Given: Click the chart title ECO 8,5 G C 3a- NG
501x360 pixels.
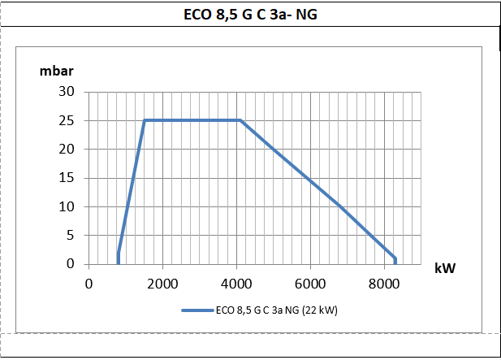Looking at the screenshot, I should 249,14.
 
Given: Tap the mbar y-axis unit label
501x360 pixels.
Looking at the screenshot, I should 57,68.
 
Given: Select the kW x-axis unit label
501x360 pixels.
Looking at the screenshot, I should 444,267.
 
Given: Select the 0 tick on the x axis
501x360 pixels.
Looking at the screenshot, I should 89,284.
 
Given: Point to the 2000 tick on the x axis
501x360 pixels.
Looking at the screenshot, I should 162,284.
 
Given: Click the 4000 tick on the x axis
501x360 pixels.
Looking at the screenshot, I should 236,284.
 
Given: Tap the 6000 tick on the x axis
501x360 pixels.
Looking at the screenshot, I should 310,284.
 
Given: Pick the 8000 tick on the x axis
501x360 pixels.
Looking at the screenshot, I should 384,284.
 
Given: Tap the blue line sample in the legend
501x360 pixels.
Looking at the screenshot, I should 197,310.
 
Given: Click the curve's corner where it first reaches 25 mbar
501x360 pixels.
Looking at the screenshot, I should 145,120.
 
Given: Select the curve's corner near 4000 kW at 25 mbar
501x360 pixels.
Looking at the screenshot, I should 240,120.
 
